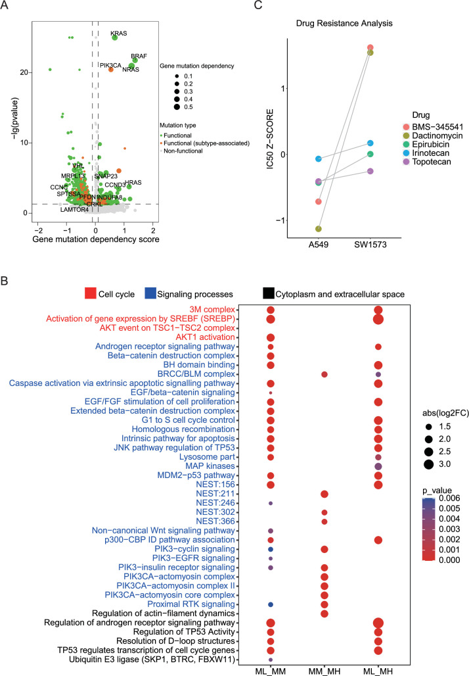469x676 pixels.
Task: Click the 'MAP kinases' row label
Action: tap(214, 448)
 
